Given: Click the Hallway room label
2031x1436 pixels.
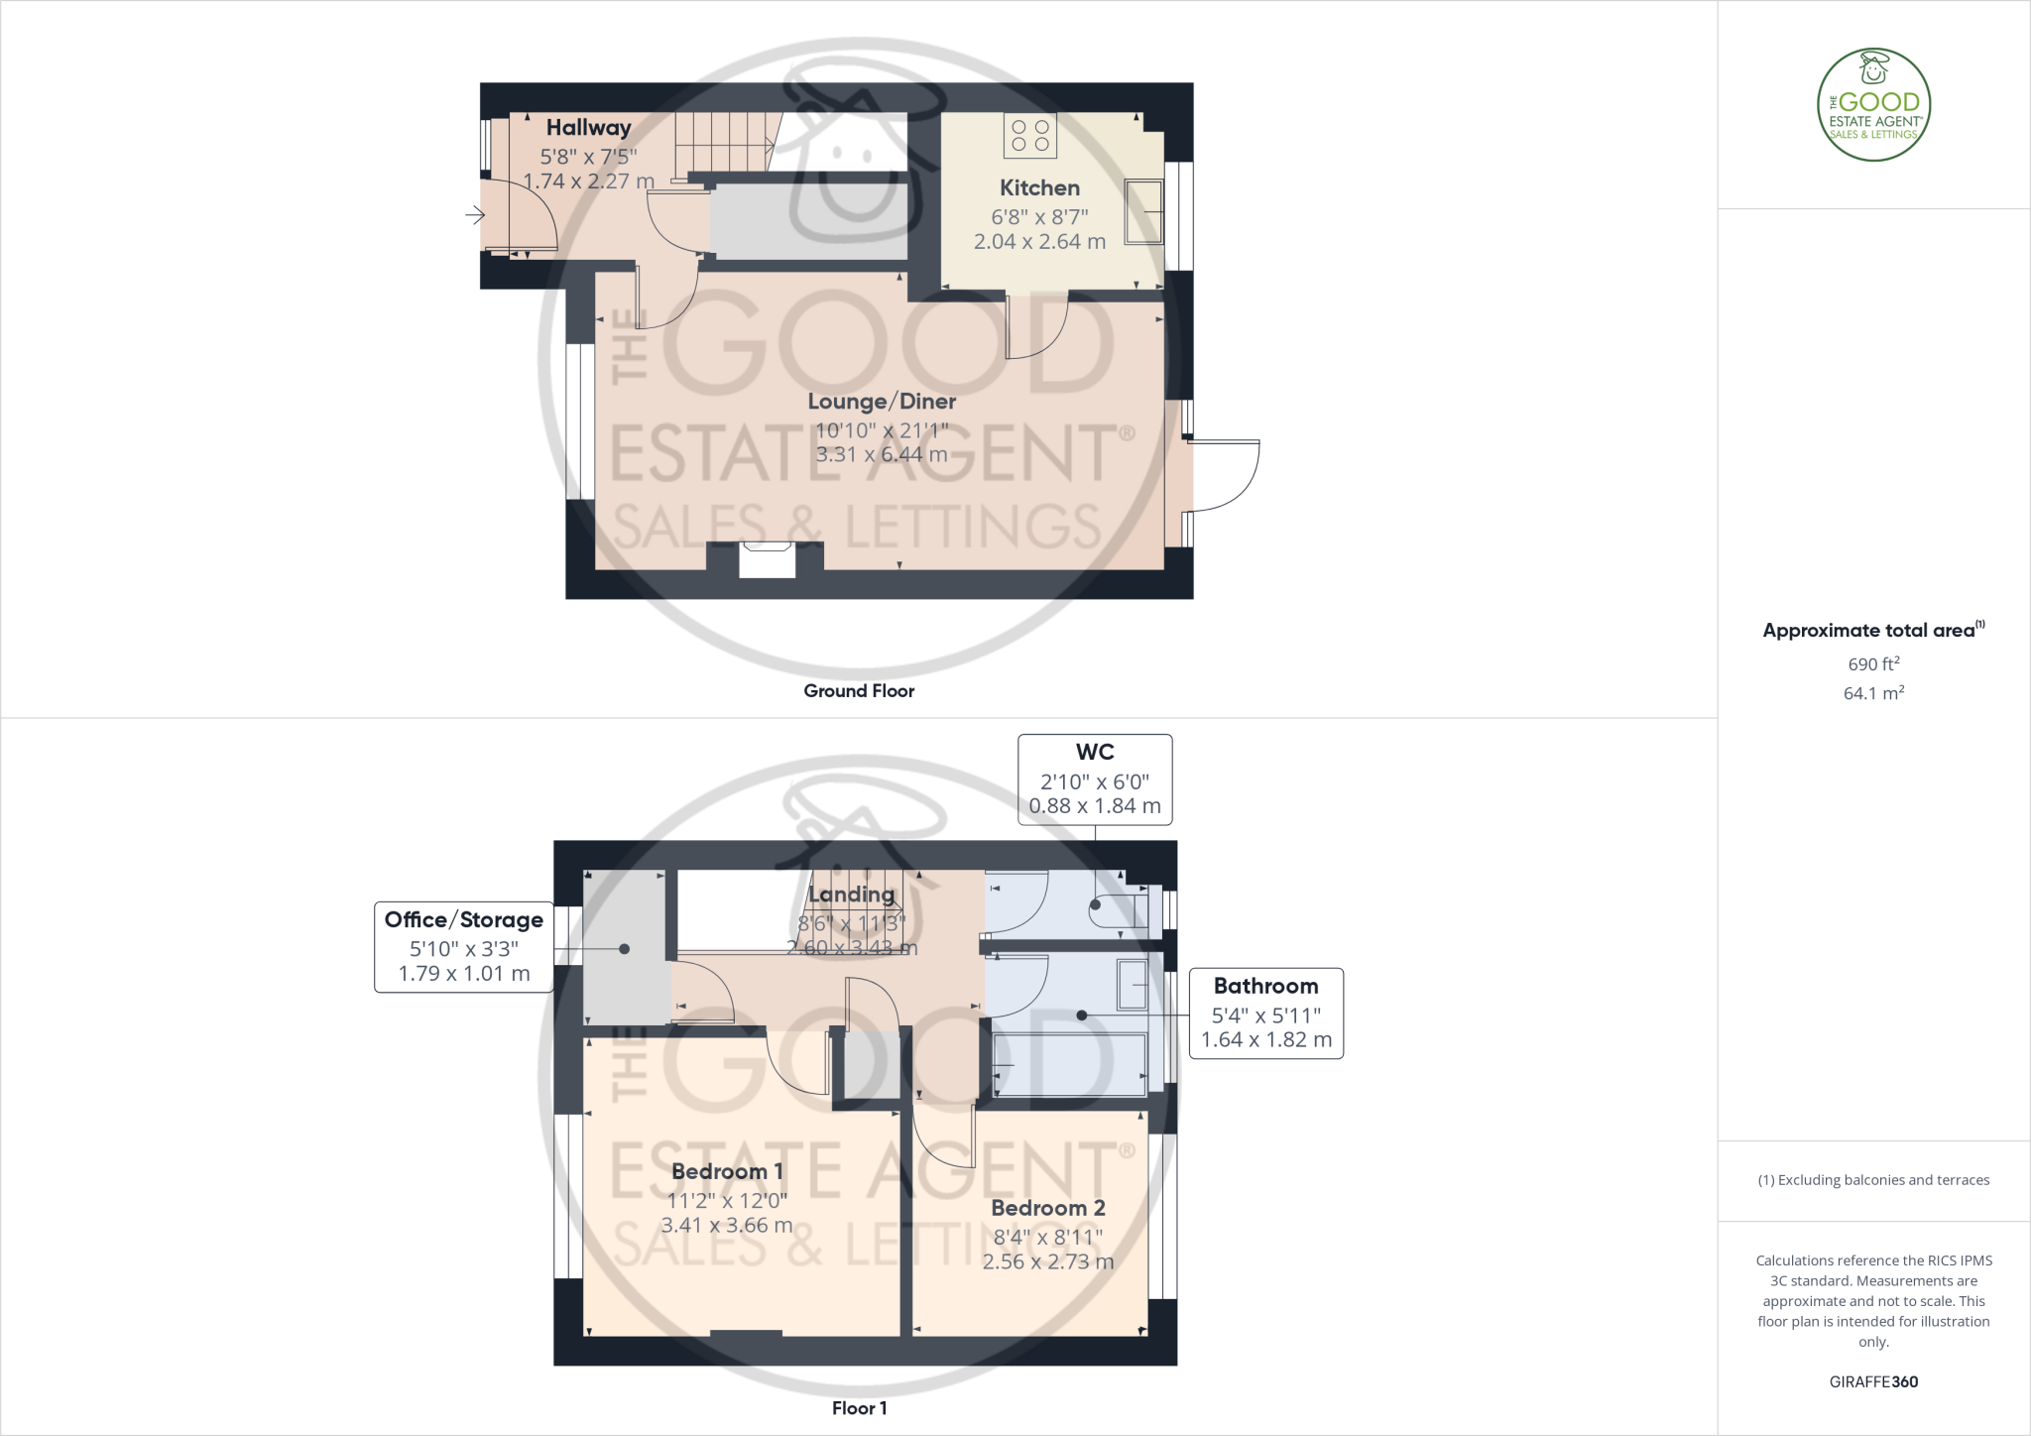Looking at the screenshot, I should click(588, 128).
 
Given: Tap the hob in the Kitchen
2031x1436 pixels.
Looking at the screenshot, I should click(1030, 136).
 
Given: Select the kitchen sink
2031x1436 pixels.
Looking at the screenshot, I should click(1143, 211).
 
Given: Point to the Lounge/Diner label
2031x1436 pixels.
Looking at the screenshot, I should click(882, 402).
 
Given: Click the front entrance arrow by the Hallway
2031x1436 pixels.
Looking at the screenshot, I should click(475, 214).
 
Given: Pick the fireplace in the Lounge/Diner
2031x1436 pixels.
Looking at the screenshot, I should click(767, 560).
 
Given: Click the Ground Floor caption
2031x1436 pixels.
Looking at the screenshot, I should click(859, 691).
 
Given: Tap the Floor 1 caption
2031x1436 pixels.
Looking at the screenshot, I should click(859, 1408).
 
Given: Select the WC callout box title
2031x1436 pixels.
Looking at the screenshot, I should click(1095, 753).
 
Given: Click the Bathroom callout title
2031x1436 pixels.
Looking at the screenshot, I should click(1265, 987).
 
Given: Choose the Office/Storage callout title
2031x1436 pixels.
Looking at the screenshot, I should click(463, 920).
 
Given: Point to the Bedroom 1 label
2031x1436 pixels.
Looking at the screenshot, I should click(727, 1172).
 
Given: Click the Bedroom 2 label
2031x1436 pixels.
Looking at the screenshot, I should click(1048, 1209).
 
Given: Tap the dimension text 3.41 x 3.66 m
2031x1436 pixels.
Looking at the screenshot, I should click(727, 1226).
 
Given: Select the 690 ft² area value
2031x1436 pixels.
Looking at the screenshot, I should click(1873, 664).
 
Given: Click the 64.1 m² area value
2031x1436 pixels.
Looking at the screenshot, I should click(1873, 693).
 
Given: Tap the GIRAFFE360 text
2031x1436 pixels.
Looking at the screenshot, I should click(1873, 1381).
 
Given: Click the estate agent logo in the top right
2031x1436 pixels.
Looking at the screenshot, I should click(1873, 104).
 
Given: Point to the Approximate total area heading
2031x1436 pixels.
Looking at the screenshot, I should click(1869, 631).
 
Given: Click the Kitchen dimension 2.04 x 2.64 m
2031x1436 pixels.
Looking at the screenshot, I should click(1039, 242).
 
